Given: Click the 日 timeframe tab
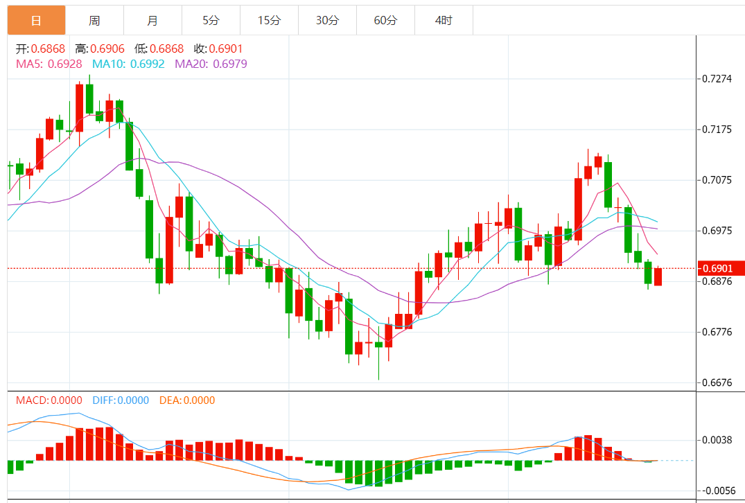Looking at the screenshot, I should click(36, 21).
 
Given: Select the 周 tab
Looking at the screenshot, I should click(94, 21).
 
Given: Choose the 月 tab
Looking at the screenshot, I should click(152, 21).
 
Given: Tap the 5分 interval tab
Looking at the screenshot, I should click(211, 21).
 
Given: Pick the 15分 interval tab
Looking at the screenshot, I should click(269, 21).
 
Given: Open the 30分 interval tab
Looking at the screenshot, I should click(327, 21).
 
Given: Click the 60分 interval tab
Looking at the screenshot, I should click(385, 21).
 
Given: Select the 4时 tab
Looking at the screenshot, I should click(444, 21).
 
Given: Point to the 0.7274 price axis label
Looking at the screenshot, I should click(717, 79).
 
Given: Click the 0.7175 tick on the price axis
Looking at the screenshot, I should click(717, 130).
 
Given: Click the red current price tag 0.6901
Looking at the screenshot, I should click(720, 268).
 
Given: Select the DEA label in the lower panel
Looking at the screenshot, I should click(170, 400).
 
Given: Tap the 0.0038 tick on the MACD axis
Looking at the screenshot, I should click(717, 440).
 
